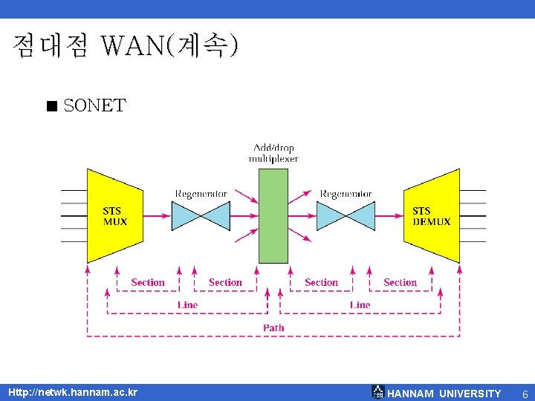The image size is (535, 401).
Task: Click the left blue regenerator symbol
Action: point(201,216)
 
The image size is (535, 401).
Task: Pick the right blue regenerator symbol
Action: point(346,216)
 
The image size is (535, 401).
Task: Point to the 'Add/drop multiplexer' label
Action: point(273,153)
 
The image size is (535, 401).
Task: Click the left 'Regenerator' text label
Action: point(201,195)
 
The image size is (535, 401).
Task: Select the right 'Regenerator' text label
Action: point(346,195)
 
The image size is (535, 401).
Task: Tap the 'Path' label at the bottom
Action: point(273,327)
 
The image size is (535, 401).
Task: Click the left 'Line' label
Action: point(188,304)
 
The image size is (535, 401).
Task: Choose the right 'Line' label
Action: point(360,304)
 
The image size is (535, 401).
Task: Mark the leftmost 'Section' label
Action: point(147,282)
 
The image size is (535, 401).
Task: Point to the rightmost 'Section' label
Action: point(400,282)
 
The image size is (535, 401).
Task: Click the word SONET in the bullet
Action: point(94,106)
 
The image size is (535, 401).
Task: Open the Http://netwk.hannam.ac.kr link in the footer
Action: point(73,392)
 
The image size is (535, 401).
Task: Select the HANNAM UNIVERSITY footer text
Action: point(444,394)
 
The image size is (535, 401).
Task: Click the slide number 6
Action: point(525,394)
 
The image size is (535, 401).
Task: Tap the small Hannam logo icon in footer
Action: point(377,392)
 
